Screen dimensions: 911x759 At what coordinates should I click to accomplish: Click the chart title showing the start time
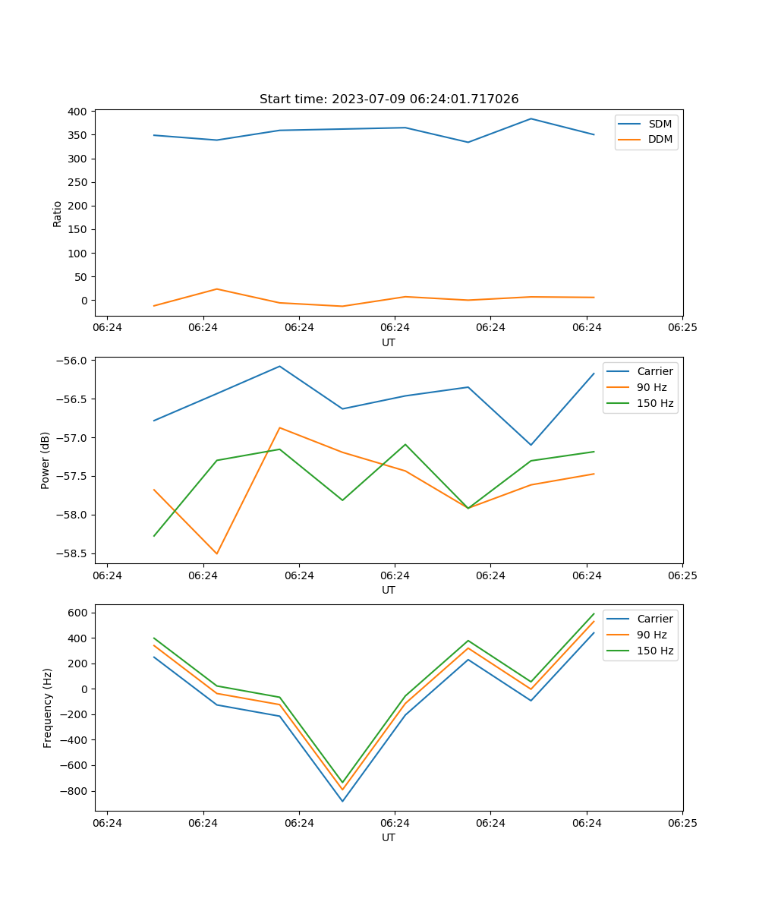(389, 99)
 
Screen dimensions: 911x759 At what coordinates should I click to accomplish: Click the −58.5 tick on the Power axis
(72, 553)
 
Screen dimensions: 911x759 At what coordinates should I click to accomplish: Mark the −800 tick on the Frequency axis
(74, 791)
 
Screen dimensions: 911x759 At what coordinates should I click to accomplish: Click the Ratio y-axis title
(58, 213)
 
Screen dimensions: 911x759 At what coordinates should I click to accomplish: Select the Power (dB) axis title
(46, 460)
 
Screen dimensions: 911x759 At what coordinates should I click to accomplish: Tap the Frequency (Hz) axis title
(48, 708)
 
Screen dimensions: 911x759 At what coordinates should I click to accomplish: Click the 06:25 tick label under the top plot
(682, 328)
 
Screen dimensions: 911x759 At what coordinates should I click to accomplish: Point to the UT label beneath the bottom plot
(389, 837)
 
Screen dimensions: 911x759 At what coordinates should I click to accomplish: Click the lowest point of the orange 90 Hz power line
(217, 553)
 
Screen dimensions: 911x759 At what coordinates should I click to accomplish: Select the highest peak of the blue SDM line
(531, 118)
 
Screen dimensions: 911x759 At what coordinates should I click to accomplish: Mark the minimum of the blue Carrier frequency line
(342, 801)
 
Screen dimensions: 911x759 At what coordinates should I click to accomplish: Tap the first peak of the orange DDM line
(217, 288)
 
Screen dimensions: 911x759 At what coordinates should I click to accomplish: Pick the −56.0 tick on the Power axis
(72, 360)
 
